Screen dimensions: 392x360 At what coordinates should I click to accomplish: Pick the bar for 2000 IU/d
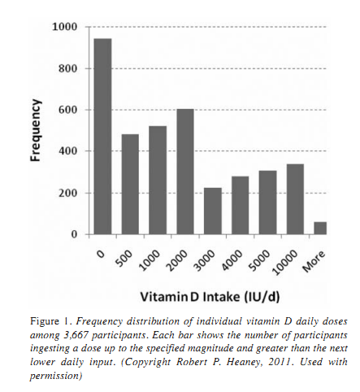tap(185, 172)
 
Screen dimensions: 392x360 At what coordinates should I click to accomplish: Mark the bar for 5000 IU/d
tap(267, 203)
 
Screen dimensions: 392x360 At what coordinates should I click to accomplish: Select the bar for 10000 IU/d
tap(295, 199)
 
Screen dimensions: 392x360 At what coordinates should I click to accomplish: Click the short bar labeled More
tap(321, 229)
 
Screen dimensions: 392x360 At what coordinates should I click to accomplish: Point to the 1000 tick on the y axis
tap(64, 27)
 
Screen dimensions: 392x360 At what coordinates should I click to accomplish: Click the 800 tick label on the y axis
tap(67, 68)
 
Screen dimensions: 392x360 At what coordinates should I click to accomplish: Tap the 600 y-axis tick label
tap(67, 110)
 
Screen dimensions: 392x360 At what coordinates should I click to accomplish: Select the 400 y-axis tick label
tap(67, 151)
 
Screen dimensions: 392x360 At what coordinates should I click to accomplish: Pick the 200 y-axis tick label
tap(67, 193)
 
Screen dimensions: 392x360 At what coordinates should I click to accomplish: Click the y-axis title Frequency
tap(35, 130)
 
